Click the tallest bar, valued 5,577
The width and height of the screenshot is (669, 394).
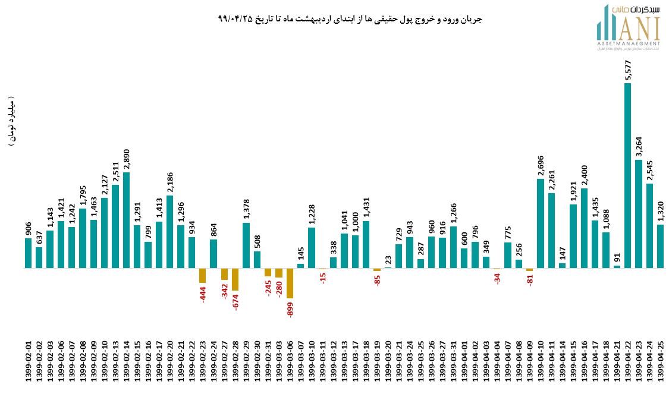pyautogui.click(x=627, y=175)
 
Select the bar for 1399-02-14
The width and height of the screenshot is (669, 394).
pyautogui.click(x=126, y=220)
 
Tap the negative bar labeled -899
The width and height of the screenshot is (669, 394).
pyautogui.click(x=290, y=283)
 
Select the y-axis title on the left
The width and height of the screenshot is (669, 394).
pyautogui.click(x=12, y=122)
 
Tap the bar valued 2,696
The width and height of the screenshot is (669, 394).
pyautogui.click(x=541, y=223)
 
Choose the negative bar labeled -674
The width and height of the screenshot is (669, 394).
pyautogui.click(x=235, y=279)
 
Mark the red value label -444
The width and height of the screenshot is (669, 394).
pyautogui.click(x=202, y=294)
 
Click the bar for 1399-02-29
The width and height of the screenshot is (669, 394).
pyautogui.click(x=246, y=245)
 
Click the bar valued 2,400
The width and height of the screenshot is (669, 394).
pyautogui.click(x=584, y=228)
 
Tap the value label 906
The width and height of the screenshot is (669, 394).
pyautogui.click(x=28, y=227)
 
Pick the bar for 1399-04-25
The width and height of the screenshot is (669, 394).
pyautogui.click(x=660, y=246)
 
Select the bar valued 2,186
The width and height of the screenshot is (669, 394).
pyautogui.click(x=169, y=231)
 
